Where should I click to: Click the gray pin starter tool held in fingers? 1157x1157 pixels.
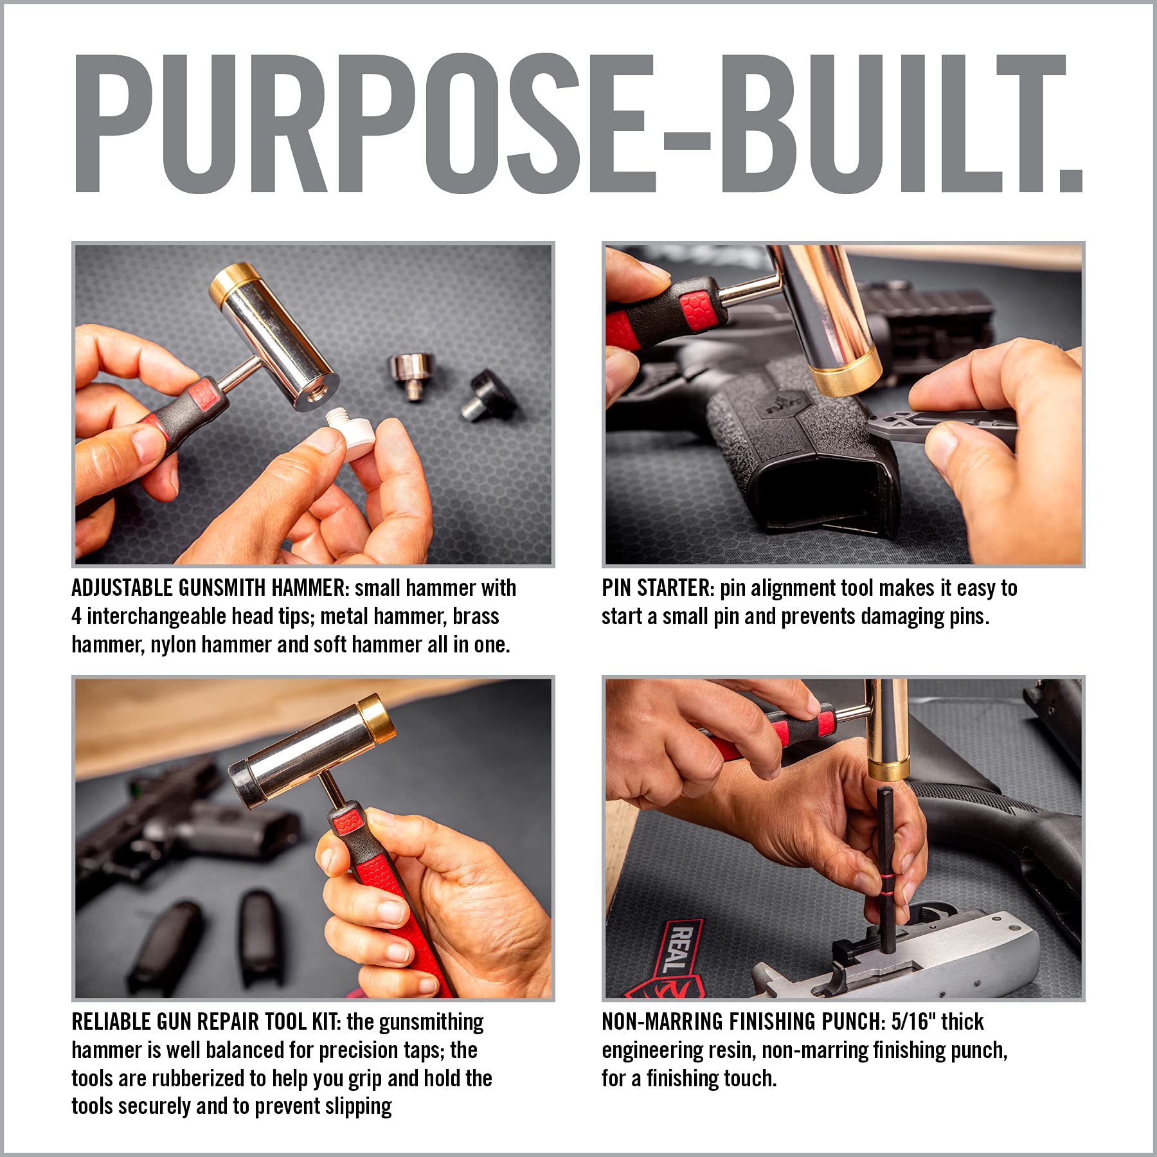coord(926,424)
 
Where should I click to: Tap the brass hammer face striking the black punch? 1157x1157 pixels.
coord(888,769)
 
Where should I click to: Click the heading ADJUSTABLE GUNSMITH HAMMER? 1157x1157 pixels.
coord(209,588)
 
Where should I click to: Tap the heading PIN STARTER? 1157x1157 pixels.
coord(658,588)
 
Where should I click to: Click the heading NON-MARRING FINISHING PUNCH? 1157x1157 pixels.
coord(743,1022)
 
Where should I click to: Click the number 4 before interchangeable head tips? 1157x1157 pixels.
coord(76,616)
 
